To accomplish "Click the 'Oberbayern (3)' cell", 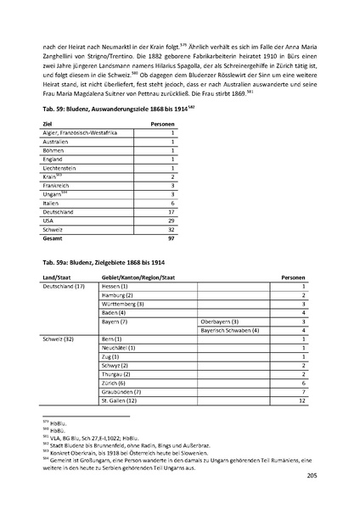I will point(220,322).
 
